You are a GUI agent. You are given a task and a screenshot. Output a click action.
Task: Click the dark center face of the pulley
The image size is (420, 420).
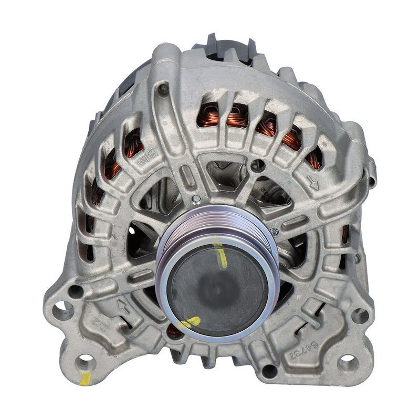[216, 289]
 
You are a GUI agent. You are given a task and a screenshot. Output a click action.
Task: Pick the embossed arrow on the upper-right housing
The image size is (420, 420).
[313, 183]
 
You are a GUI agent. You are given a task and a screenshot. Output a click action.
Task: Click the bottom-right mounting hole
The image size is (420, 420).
[347, 362]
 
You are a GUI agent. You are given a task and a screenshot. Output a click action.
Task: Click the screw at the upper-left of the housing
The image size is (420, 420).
[164, 89]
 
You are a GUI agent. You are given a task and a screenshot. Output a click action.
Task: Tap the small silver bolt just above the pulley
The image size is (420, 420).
[196, 199]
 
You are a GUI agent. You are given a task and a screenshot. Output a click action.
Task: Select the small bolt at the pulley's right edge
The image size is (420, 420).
[274, 231]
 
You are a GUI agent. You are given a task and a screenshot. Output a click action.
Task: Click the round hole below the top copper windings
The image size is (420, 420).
[257, 165]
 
